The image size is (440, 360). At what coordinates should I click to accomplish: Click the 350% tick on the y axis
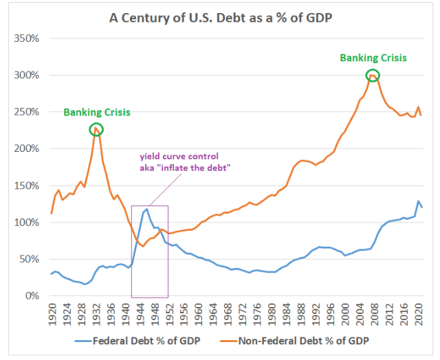(26, 38)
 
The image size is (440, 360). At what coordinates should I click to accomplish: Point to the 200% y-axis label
(26, 148)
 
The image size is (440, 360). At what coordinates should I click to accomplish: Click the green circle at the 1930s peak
(96, 129)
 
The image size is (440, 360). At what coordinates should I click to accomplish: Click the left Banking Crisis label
(97, 112)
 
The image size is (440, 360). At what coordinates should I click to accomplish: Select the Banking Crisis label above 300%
(373, 58)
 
